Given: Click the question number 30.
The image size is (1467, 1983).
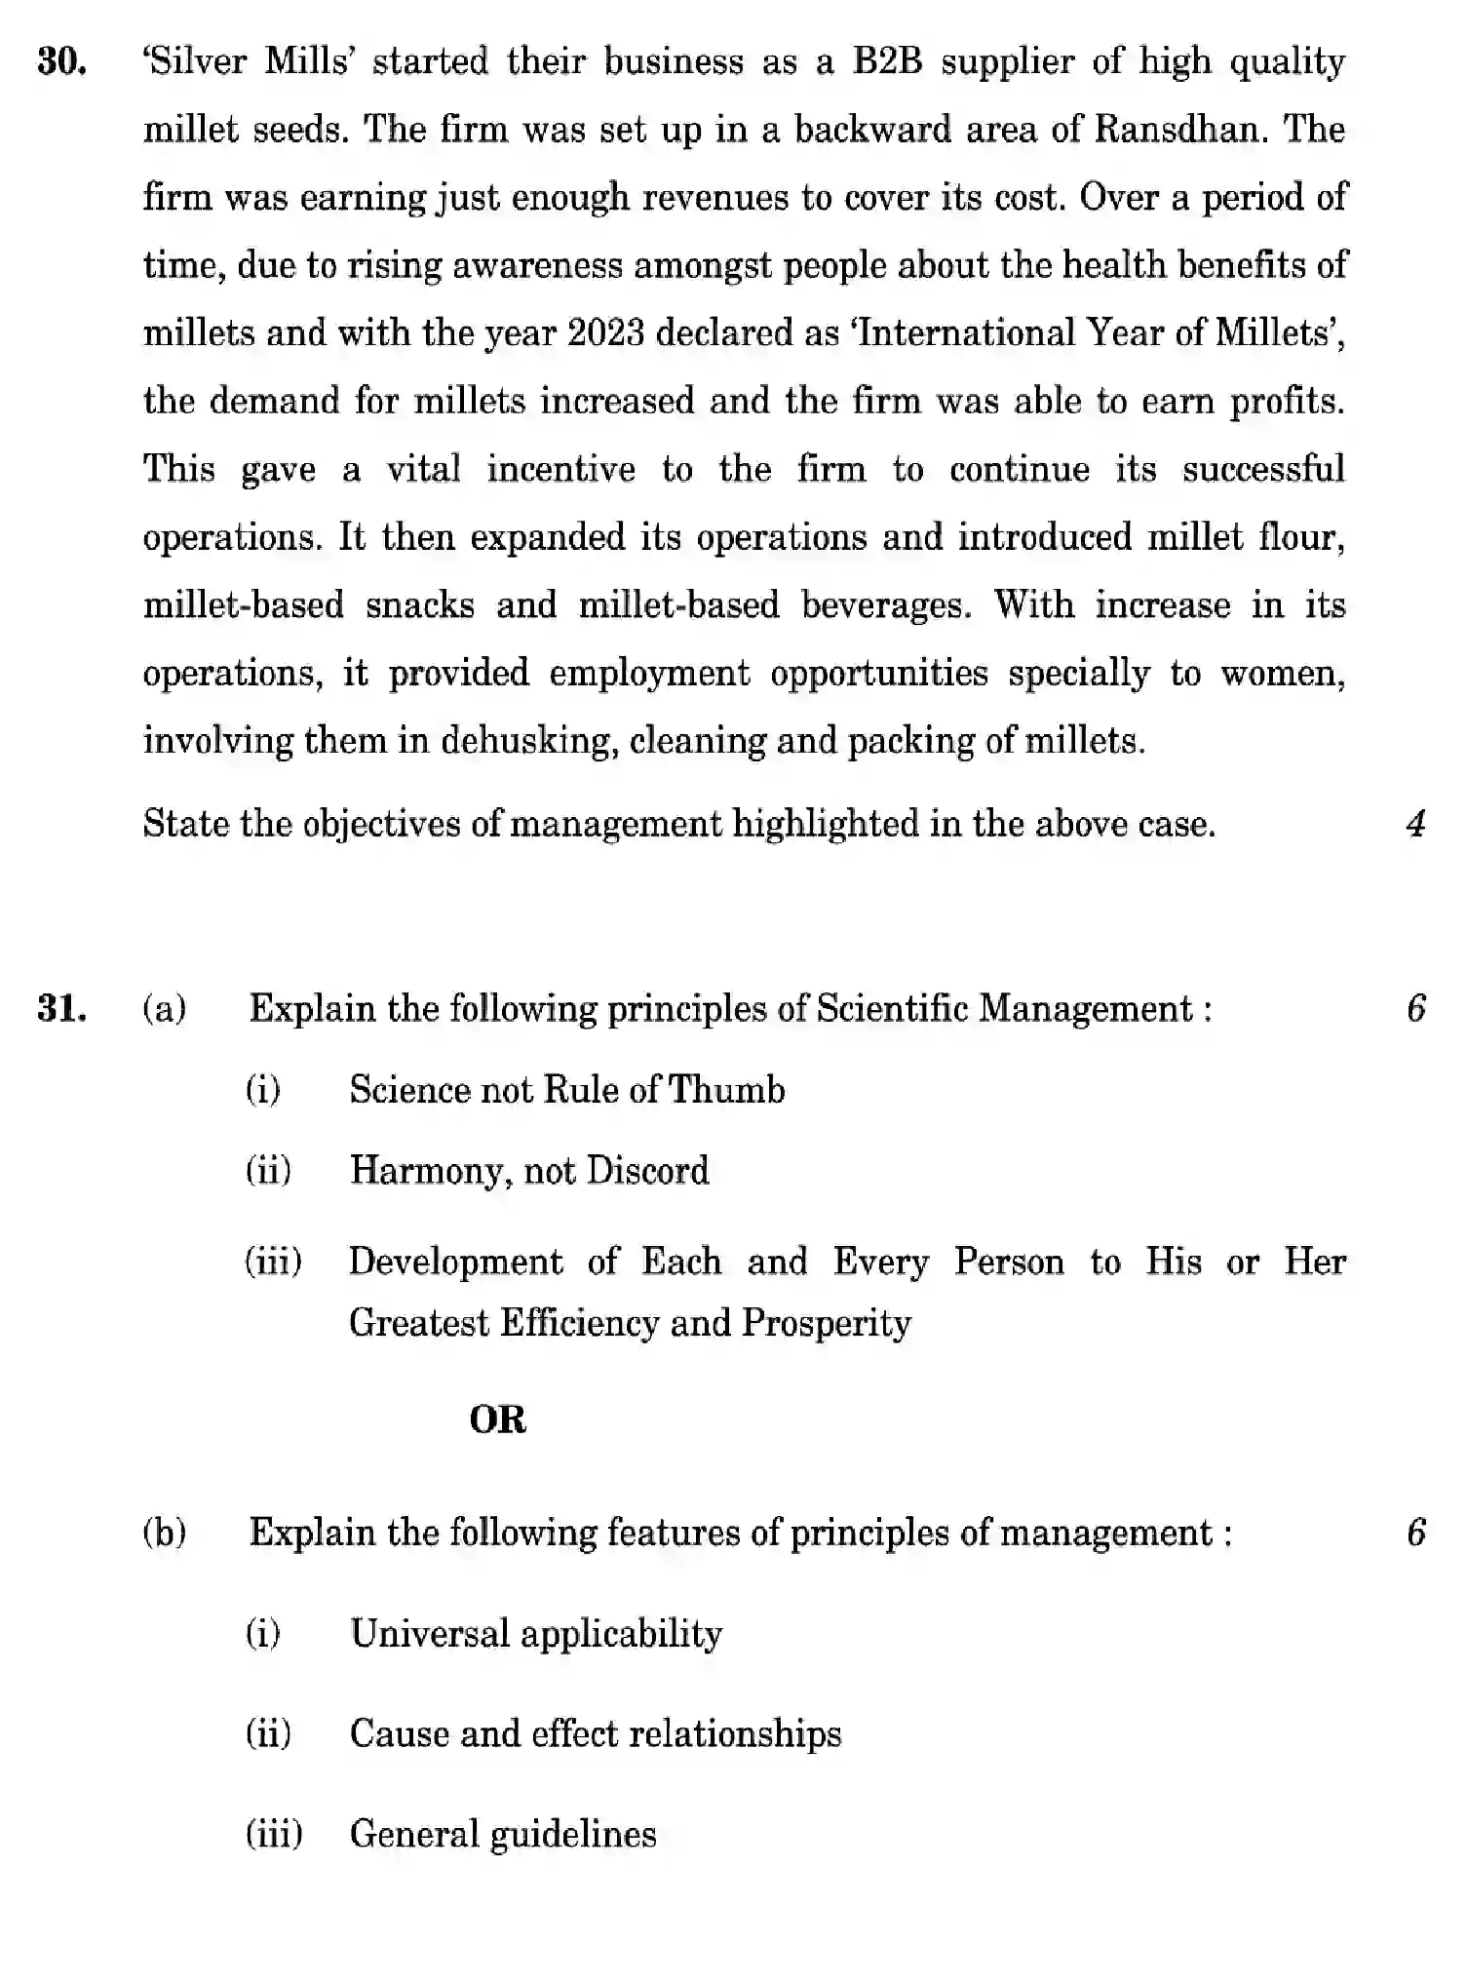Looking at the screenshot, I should coord(61,62).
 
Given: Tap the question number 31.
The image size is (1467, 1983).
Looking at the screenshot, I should coord(61,1008).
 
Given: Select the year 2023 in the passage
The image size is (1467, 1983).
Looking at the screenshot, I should coord(605,333).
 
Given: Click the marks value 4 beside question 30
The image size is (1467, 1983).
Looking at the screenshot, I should coord(1416,825).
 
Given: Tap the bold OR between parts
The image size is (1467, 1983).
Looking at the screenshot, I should coord(497,1419).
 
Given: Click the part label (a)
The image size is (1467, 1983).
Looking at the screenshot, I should coord(165,1008).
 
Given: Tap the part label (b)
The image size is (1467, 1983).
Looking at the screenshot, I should coord(165,1533).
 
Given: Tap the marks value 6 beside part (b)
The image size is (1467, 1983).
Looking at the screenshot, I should coord(1416,1533).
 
